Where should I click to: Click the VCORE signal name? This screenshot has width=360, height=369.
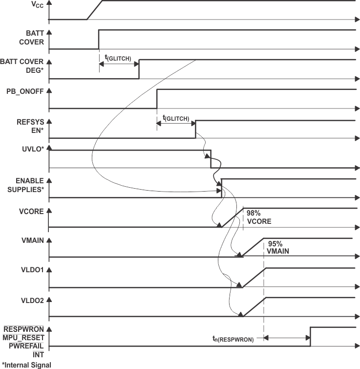pos(31,212)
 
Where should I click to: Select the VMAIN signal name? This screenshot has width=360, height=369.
pos(31,242)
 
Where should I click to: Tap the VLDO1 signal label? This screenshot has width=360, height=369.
pos(31,271)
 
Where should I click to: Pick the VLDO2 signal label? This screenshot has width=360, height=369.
pos(31,301)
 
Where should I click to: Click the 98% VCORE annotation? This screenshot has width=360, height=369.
pos(258,217)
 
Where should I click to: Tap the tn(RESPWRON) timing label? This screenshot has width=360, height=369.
pos(233,339)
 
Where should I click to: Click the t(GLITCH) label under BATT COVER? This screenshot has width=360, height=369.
pos(118,58)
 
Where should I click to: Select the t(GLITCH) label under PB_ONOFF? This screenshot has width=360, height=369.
pos(175,118)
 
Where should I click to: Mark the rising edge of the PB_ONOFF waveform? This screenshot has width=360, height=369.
pos(157,99)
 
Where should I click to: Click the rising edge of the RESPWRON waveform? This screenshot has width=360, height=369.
pos(310,337)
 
